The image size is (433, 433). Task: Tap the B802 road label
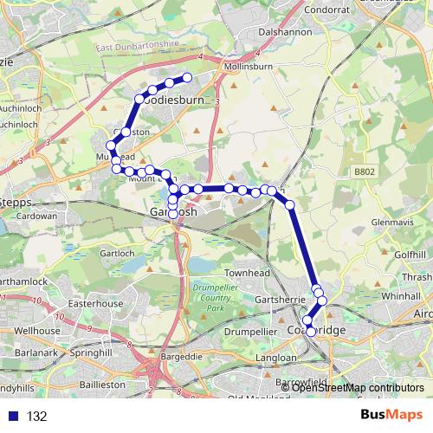point(365,172)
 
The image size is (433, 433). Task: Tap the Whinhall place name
point(400,295)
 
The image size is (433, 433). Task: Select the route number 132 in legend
point(36,417)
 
